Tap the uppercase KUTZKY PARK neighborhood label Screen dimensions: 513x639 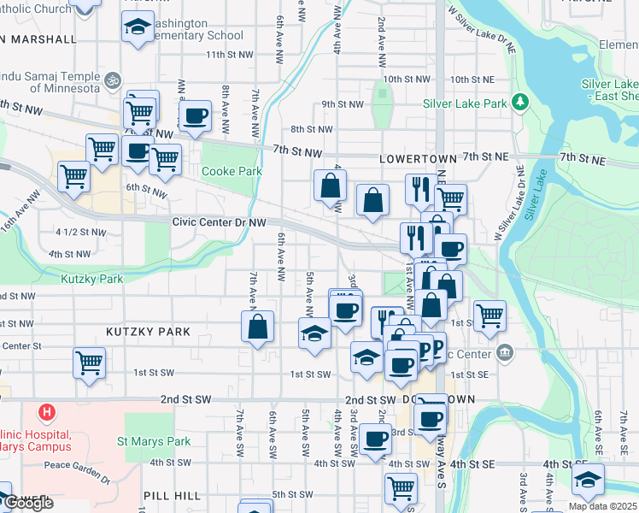pyautogui.click(x=142, y=330)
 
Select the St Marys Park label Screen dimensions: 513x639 pyautogui.click(x=154, y=442)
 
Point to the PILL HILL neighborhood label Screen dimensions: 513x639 pyautogui.click(x=173, y=496)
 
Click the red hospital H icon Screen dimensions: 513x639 pyautogui.click(x=47, y=413)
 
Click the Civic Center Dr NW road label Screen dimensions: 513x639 pyautogui.click(x=220, y=221)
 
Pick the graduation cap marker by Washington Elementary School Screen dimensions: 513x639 pyautogui.click(x=138, y=27)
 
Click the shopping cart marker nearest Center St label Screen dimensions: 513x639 pyautogui.click(x=89, y=363)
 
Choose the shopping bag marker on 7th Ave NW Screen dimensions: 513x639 pyautogui.click(x=258, y=326)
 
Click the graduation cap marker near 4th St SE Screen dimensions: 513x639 pyautogui.click(x=588, y=480)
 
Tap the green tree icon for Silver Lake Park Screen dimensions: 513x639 pyautogui.click(x=519, y=104)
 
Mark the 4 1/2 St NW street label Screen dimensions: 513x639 pyautogui.click(x=81, y=233)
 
